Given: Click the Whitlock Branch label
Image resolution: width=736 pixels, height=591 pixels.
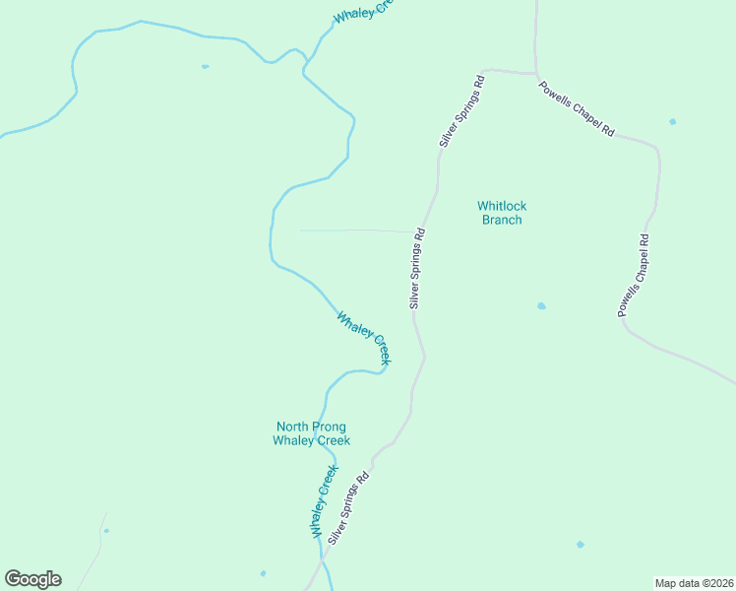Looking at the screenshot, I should pos(502,213).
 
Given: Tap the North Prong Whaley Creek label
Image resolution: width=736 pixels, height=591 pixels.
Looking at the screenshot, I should pos(311,433).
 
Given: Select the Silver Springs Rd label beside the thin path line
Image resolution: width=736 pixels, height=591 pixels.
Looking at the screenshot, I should pos(418,269).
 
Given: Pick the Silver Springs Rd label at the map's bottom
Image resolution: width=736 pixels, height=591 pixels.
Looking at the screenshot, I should pos(348,507).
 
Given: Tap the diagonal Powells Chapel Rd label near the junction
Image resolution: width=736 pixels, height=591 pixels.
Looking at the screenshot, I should pos(576,108).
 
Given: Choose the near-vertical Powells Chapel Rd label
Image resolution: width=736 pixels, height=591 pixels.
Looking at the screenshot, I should pos(634,275).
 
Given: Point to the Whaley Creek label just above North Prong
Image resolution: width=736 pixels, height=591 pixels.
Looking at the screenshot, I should pos(364,339).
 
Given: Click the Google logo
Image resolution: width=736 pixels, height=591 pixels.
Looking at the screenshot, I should pos(32,579).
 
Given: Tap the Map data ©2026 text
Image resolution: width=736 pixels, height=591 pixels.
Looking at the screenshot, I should pos(694,582).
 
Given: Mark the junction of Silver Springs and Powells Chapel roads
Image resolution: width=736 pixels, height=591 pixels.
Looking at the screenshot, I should pos(535,74).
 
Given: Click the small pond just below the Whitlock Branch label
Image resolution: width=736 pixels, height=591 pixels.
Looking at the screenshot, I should pos(541,306).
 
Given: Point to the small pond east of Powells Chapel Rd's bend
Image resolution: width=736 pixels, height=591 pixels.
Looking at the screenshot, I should pos(673,122).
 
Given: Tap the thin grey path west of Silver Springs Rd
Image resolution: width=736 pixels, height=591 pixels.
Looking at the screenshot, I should pos(354,230).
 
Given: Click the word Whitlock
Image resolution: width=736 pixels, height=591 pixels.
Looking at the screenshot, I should pos(502,206).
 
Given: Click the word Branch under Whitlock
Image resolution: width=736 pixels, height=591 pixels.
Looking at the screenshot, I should pos(502,220).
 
